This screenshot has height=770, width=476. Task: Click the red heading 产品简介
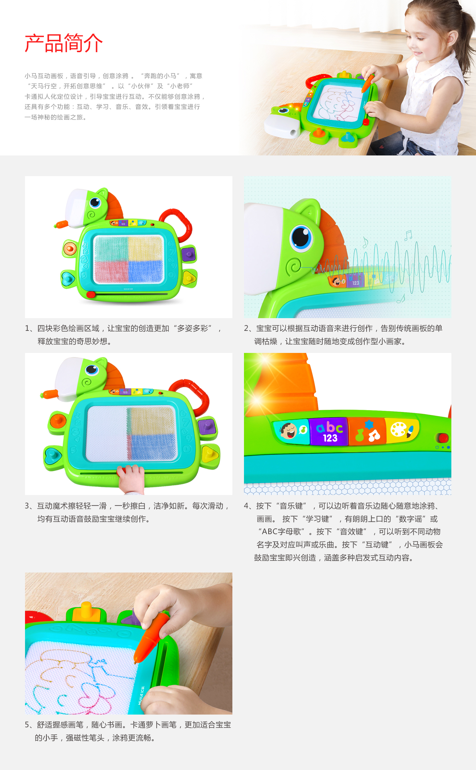[x=63, y=43]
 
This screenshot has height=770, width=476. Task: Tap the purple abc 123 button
[x=329, y=431]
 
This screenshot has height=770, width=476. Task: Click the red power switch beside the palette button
[x=443, y=438]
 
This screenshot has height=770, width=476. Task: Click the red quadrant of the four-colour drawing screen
[x=111, y=270]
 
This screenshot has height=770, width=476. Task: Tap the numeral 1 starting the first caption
[x=27, y=328]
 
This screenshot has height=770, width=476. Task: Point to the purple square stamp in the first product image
[x=189, y=254]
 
